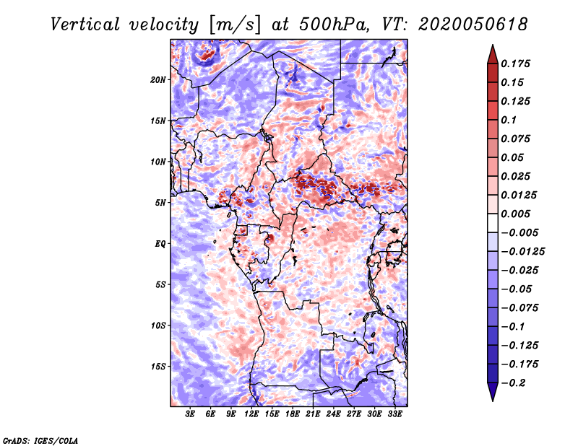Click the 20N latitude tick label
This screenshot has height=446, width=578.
pyautogui.click(x=158, y=80)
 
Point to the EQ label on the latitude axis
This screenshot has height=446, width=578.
pyautogui.click(x=160, y=244)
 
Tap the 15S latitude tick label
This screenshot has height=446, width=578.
pyautogui.click(x=158, y=367)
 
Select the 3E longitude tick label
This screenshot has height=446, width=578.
pyautogui.click(x=190, y=414)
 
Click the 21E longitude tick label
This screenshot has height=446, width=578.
pyautogui.click(x=313, y=414)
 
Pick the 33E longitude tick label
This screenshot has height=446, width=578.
pyautogui.click(x=394, y=414)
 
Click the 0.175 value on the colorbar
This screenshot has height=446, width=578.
pyautogui.click(x=515, y=64)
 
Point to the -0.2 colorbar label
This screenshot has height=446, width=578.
pyautogui.click(x=513, y=383)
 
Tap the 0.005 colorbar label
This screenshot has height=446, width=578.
pyautogui.click(x=515, y=214)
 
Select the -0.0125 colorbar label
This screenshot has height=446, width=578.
pyautogui.click(x=522, y=252)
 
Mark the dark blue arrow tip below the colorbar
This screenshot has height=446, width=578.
pyautogui.click(x=493, y=401)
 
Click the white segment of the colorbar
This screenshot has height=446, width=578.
pyautogui.click(x=493, y=223)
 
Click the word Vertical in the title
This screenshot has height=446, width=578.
pyautogui.click(x=85, y=25)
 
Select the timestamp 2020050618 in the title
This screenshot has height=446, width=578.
pyautogui.click(x=473, y=25)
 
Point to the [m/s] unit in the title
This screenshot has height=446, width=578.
pyautogui.click(x=235, y=25)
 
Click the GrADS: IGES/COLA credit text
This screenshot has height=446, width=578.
pyautogui.click(x=40, y=440)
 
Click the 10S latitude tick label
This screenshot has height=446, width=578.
pyautogui.click(x=158, y=325)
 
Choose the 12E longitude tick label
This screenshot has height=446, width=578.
pyautogui.click(x=251, y=414)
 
